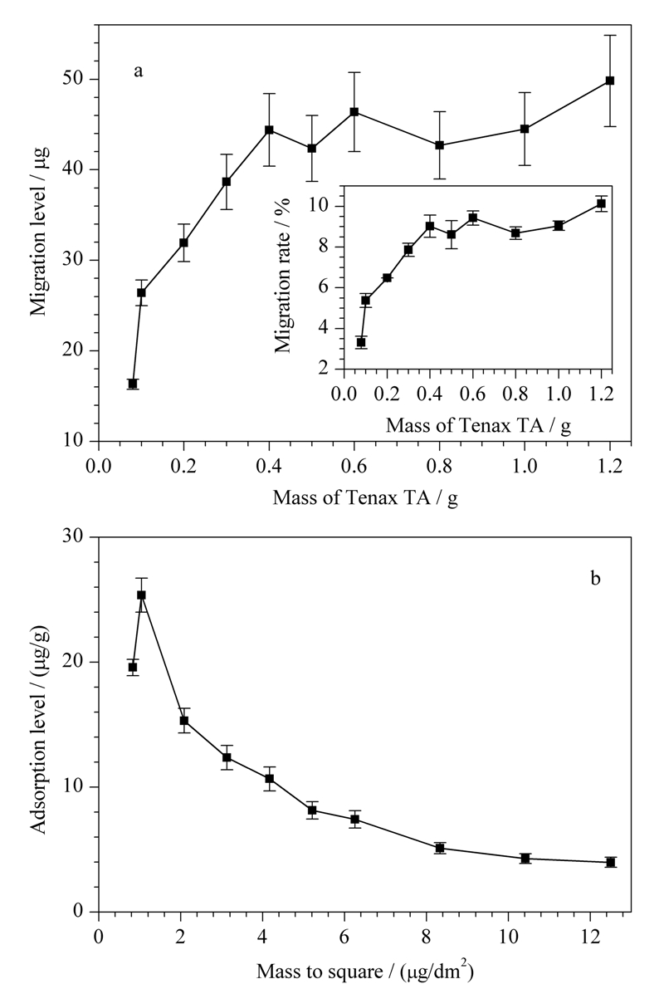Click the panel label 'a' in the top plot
point(138,71)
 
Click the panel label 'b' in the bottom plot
point(595,577)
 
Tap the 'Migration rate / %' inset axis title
point(284,277)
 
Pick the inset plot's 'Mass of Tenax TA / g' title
point(478,425)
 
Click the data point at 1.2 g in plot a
point(609,81)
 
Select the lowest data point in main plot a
point(132,384)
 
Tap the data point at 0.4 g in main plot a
point(269,130)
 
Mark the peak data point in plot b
point(141,595)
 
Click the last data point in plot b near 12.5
point(610,862)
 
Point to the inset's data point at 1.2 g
point(601,204)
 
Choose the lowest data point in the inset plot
point(361,342)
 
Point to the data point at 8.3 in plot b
point(440,848)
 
